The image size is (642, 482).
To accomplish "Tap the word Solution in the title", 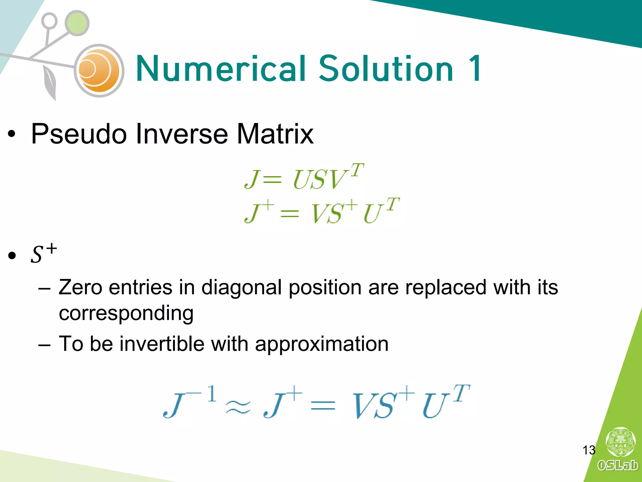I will [386, 68].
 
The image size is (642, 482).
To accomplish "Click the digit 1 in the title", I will [475, 68].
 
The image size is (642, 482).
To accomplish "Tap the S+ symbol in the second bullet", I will [44, 254].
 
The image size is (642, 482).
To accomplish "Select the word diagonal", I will [241, 288].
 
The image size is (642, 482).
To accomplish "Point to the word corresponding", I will [126, 313].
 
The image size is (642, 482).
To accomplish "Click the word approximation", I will [322, 344].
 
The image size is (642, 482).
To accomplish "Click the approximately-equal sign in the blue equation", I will [238, 407].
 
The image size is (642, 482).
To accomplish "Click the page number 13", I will [589, 450].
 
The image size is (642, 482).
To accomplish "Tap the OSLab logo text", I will [617, 465].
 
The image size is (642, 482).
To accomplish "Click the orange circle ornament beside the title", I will [99, 71].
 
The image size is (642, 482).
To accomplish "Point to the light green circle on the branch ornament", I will [77, 23].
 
